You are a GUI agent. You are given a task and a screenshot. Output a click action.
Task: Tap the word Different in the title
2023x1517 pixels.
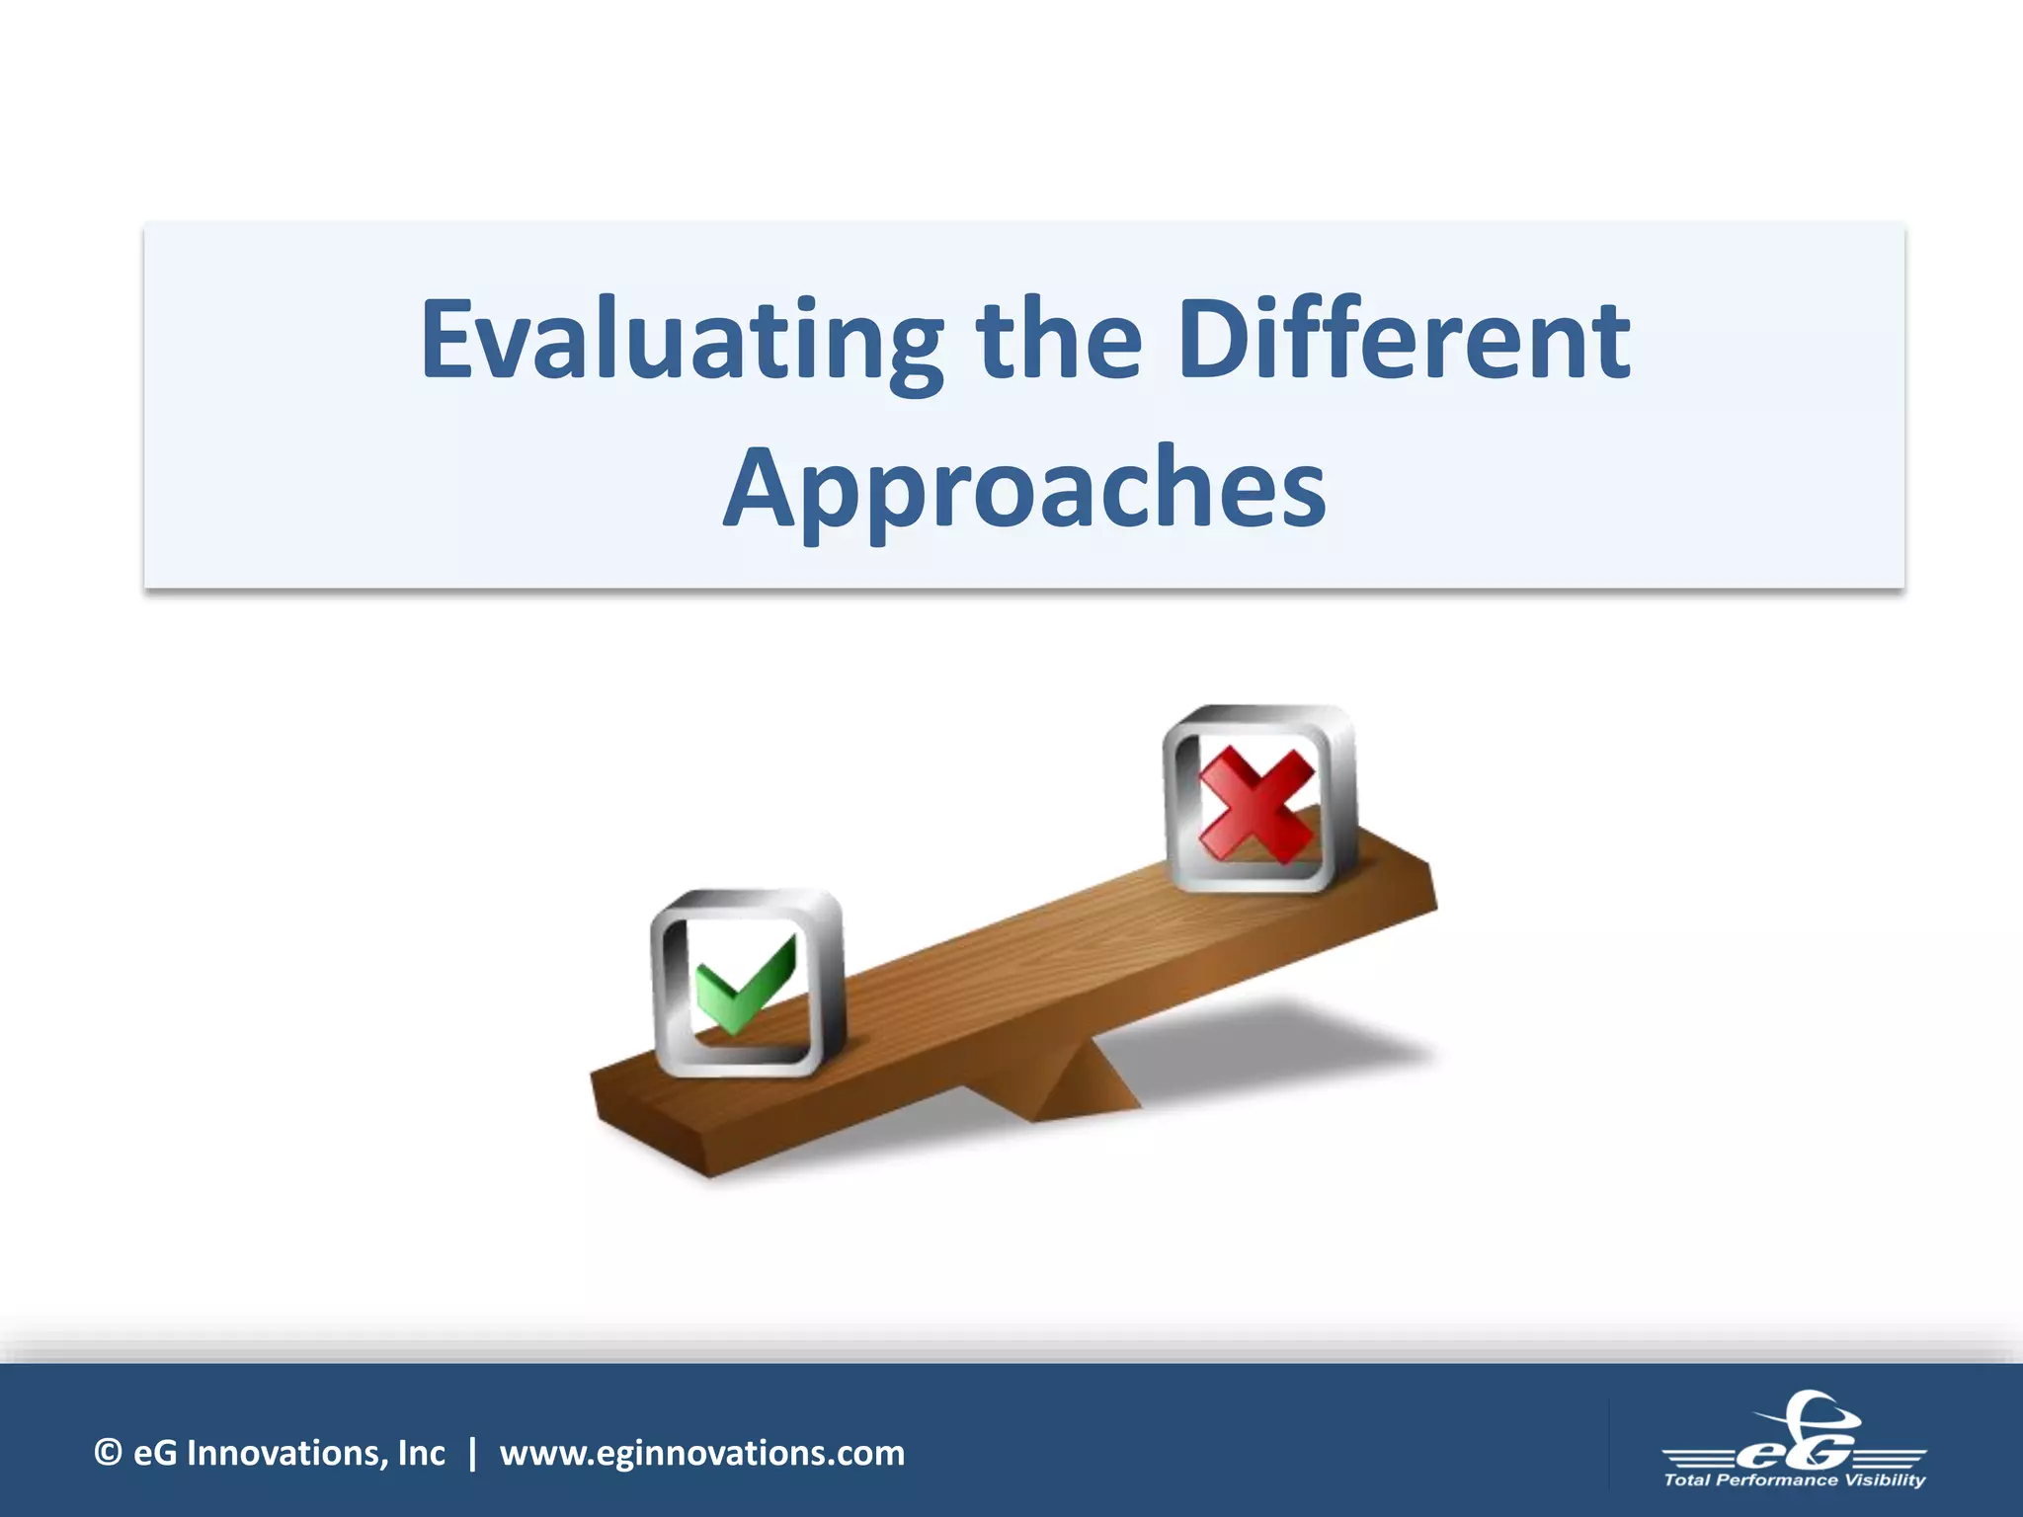tap(1404, 341)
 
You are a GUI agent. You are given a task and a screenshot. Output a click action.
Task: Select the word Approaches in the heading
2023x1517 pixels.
tap(1024, 489)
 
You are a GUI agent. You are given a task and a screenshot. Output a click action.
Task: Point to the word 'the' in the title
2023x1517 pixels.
tap(1059, 341)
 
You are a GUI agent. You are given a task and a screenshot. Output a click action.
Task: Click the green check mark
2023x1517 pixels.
tap(743, 984)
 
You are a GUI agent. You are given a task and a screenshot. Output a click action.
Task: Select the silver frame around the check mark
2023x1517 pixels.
tap(660, 988)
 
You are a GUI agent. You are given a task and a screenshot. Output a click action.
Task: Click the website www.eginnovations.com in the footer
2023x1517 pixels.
tap(701, 1453)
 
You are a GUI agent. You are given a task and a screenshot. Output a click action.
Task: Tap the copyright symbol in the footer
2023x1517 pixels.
tap(108, 1453)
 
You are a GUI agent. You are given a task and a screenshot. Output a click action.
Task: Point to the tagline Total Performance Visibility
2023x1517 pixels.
tap(1794, 1480)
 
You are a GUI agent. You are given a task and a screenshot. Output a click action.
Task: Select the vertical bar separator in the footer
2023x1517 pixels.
tap(472, 1453)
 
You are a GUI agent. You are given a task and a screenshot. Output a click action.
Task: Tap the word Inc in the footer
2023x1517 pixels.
tap(422, 1453)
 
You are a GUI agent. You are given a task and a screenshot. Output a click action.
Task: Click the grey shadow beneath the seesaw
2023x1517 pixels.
tap(1284, 1057)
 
